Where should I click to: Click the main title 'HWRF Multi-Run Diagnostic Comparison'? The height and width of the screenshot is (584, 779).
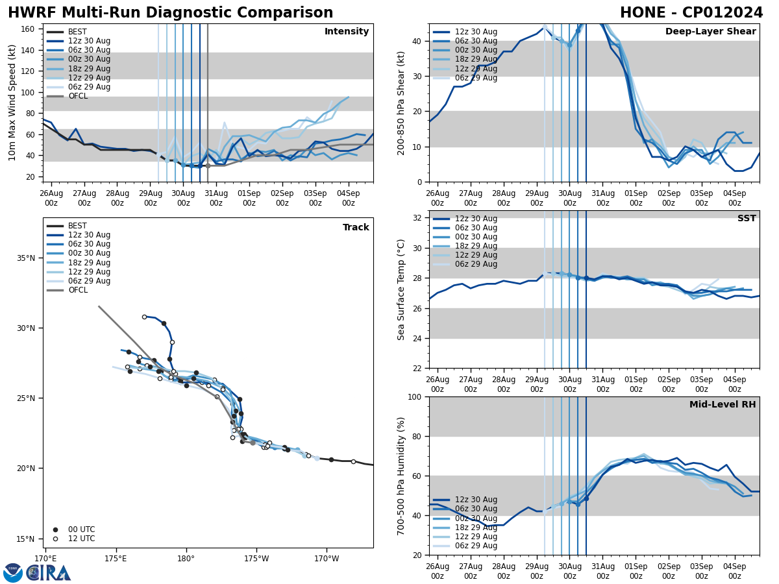(170, 13)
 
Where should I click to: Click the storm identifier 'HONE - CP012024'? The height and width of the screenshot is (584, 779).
(691, 13)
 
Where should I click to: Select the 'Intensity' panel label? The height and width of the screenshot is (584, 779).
(347, 32)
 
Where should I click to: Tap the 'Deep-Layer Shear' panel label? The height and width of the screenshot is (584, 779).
(710, 32)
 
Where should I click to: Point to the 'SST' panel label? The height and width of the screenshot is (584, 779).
(747, 219)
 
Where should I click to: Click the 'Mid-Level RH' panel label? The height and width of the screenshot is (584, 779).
(723, 405)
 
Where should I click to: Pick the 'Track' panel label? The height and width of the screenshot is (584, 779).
(356, 228)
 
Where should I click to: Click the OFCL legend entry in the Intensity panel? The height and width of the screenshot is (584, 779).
(78, 96)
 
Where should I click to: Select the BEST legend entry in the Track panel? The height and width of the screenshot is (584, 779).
(77, 226)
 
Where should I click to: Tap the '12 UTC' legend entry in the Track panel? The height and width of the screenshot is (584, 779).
(81, 539)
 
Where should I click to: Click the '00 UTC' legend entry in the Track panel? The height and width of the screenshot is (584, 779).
(81, 529)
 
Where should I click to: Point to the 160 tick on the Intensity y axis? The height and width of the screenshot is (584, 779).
(29, 29)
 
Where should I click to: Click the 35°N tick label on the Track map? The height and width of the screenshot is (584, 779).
(26, 258)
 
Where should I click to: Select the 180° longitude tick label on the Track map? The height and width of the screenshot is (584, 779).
(186, 559)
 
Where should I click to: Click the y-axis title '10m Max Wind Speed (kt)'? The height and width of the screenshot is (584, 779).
(12, 103)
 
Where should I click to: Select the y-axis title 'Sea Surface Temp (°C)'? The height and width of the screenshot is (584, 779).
(401, 289)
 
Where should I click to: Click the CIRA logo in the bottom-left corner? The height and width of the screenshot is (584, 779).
(37, 572)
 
